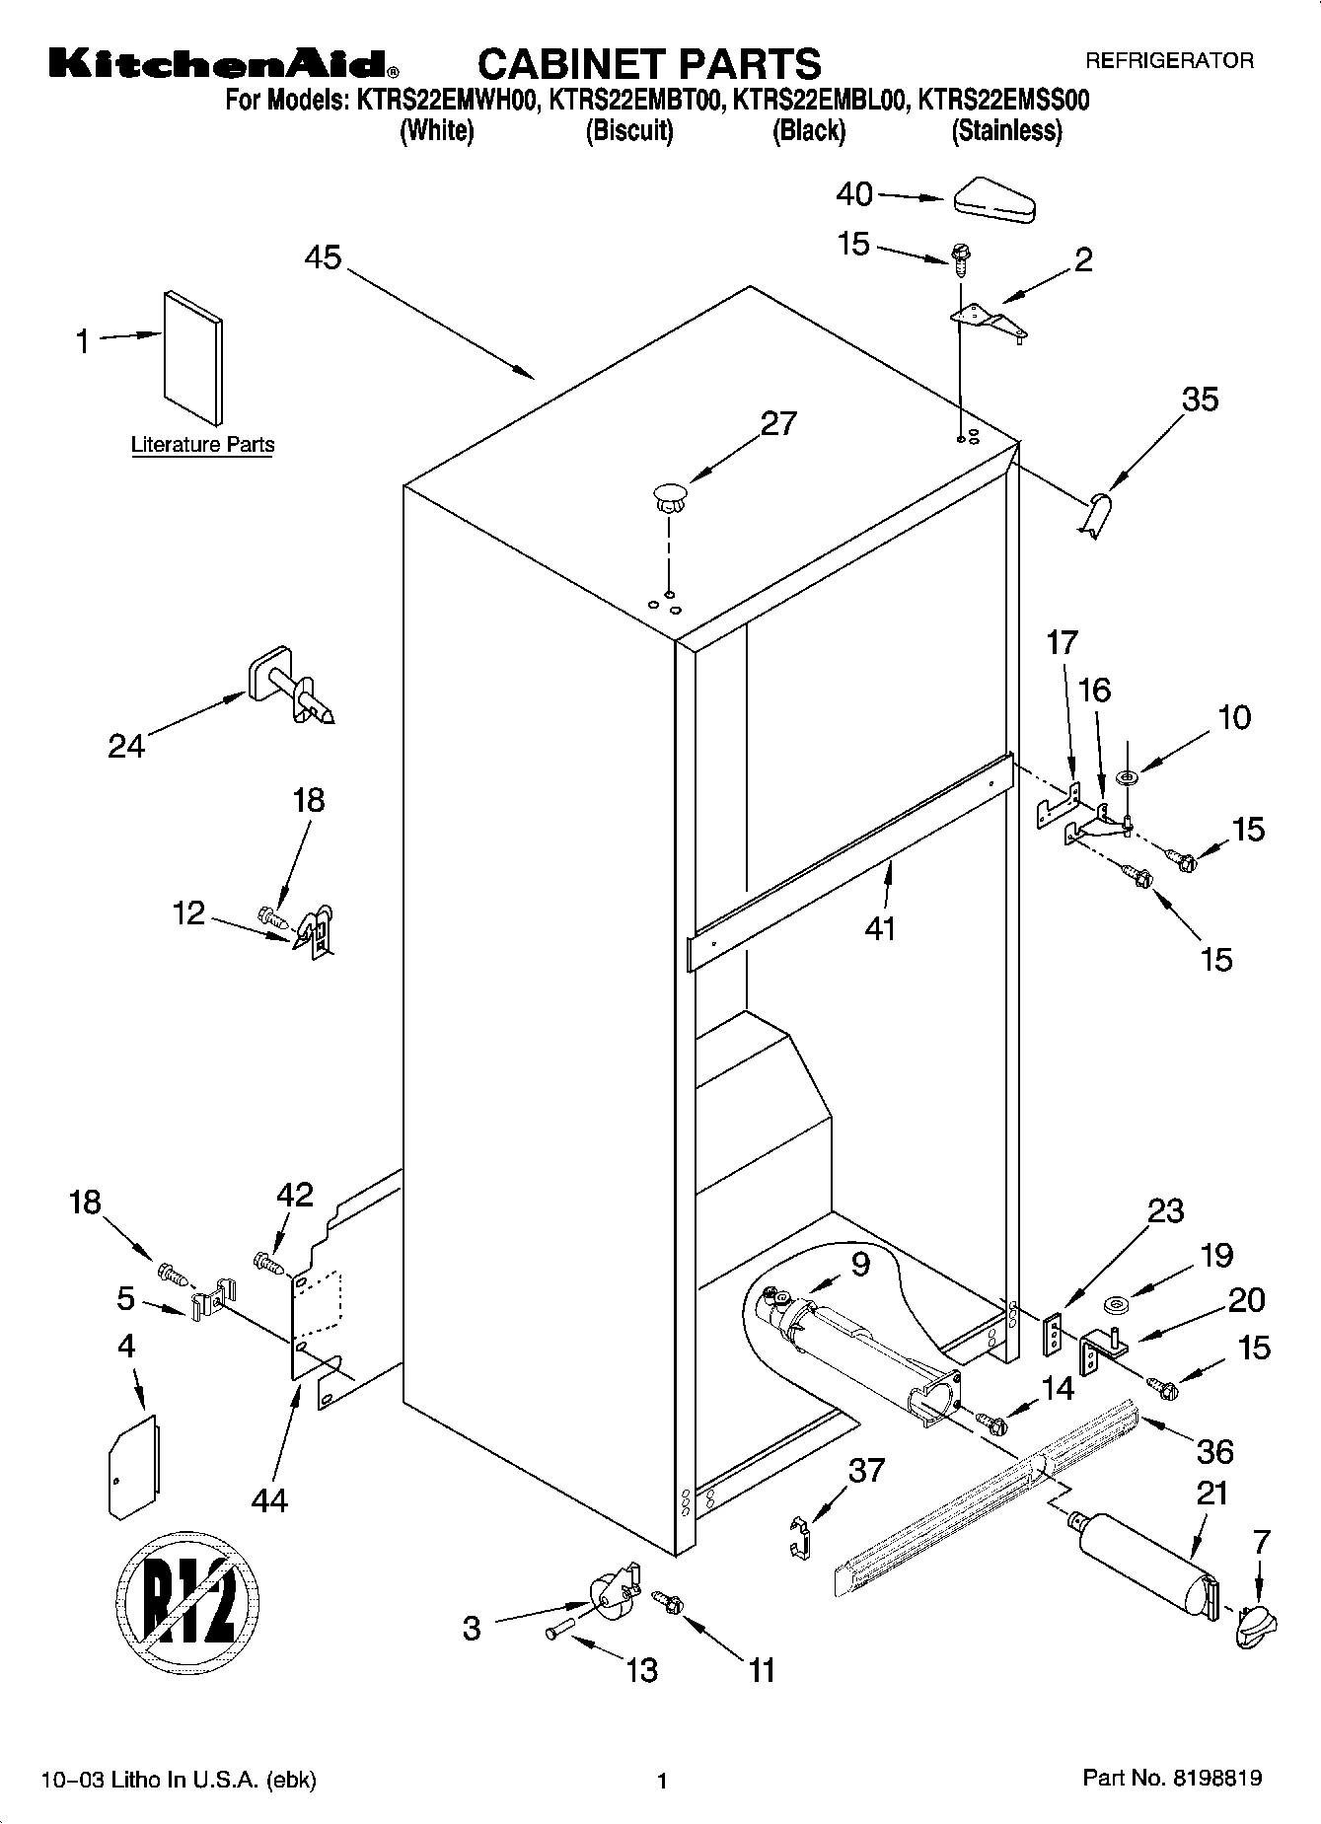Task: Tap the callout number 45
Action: click(322, 258)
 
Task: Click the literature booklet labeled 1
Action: click(193, 358)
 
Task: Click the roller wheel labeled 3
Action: click(611, 1595)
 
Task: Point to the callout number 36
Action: click(1214, 1451)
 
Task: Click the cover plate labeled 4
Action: click(132, 1465)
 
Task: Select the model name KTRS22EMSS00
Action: click(1003, 101)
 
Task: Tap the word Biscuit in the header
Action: click(629, 131)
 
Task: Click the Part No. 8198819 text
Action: click(1172, 1779)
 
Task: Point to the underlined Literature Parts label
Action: click(203, 445)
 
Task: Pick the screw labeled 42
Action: click(268, 1261)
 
